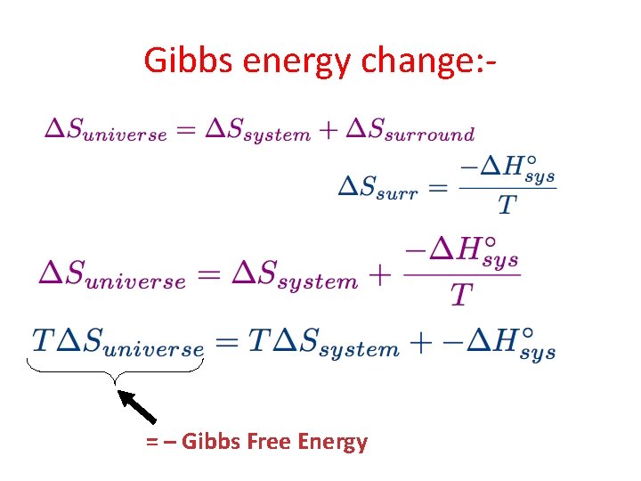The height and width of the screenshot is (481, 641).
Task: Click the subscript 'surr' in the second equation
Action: tap(397, 192)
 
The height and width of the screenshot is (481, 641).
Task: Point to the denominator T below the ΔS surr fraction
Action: tap(506, 206)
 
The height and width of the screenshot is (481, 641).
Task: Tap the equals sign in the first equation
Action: tap(184, 129)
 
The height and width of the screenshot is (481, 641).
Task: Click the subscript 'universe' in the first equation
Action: tap(122, 135)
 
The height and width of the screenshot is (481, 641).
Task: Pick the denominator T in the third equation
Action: tap(460, 295)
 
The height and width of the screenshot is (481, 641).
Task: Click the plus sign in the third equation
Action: tap(380, 274)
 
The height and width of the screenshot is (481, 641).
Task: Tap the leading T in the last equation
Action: tap(42, 339)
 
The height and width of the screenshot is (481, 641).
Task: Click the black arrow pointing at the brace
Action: tap(138, 405)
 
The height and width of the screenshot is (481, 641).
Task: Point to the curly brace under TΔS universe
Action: tap(116, 370)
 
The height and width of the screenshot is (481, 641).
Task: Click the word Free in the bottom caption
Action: tap(272, 442)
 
